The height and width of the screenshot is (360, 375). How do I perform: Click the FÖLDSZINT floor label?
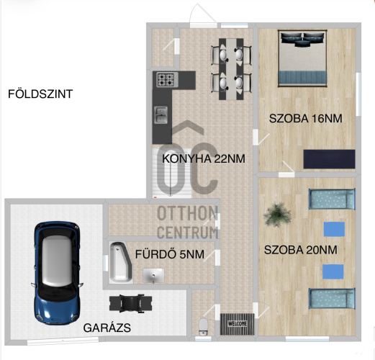40,94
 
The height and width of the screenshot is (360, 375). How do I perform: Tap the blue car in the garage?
57,273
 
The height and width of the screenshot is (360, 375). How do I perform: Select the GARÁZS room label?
107,328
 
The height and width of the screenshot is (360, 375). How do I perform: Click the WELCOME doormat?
238,324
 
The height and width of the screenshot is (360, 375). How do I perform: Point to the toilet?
204,326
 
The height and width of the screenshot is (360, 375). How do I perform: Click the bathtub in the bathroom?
121,262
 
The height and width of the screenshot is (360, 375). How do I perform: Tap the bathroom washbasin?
153,276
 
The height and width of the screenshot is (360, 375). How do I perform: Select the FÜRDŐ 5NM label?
170,254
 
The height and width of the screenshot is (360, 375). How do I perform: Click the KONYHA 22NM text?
204,158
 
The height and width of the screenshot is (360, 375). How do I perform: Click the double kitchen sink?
161,115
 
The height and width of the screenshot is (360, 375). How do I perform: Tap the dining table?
231,69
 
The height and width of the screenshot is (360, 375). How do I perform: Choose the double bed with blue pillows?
302,58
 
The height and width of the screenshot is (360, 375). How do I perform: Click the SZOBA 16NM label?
305,119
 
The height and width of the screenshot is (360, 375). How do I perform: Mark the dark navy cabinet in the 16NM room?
329,159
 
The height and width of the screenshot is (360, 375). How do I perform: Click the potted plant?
277,215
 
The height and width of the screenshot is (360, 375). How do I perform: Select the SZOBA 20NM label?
301,250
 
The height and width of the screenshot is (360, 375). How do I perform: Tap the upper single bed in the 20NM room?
332,199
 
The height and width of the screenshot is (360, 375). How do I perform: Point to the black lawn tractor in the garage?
130,303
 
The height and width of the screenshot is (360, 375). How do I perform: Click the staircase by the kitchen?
171,172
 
